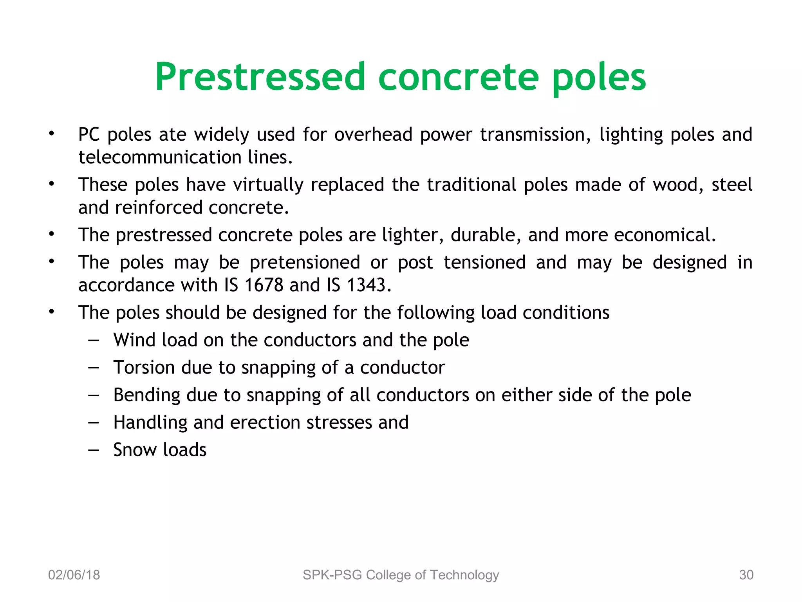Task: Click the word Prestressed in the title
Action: pos(260,77)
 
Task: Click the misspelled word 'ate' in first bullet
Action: pos(172,135)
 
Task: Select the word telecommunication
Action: pos(160,158)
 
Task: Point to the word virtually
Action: pos(268,185)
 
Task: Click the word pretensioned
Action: pos(305,263)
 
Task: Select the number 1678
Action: pos(264,285)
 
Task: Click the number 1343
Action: pos(366,285)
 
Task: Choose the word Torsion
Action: pos(144,368)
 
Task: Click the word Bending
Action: pos(146,395)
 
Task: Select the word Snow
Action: pos(135,450)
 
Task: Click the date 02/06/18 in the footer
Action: pos(74,575)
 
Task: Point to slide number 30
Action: pos(746,575)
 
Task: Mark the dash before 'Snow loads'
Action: pos(93,450)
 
